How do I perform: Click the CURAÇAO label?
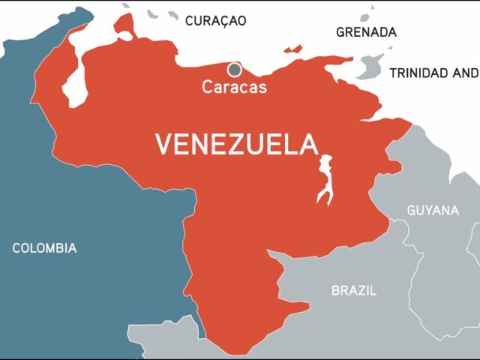[215, 21]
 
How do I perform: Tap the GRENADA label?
[366, 32]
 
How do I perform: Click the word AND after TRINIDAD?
[465, 73]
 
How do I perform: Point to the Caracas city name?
[234, 87]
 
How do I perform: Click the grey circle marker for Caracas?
[235, 70]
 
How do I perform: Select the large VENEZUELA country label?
[236, 144]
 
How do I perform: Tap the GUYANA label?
[433, 211]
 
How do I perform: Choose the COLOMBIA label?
[44, 248]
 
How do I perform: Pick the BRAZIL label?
[354, 290]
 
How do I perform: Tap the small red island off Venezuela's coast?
[293, 49]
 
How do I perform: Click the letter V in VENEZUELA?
[164, 144]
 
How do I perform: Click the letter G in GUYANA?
[411, 211]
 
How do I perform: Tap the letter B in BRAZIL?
[336, 290]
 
